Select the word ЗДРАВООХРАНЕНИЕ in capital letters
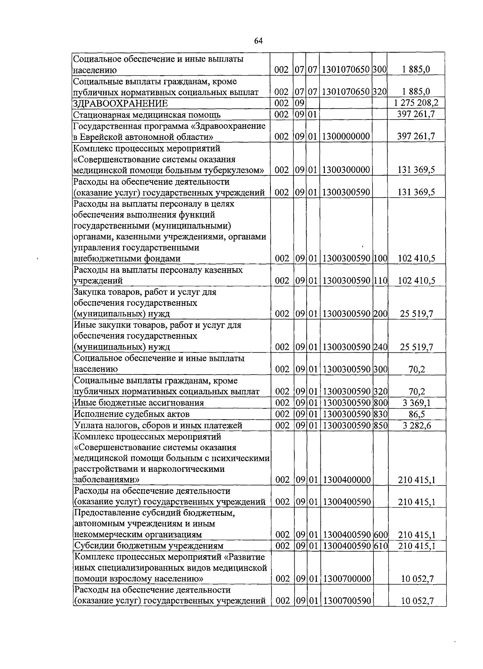point(120,104)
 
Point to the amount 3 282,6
point(417,425)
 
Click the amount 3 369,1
point(417,403)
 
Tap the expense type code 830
point(380,414)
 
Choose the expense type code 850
point(380,425)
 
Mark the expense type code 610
point(380,546)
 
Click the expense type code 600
point(380,535)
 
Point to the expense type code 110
point(380,281)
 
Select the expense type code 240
point(380,347)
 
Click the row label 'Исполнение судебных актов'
point(132,414)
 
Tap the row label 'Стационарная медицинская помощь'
point(147,115)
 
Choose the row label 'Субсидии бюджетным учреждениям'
point(149,546)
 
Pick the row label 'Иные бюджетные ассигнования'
point(139,403)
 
